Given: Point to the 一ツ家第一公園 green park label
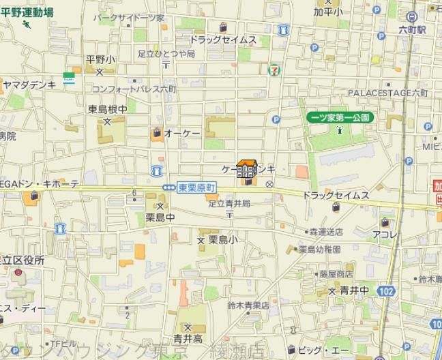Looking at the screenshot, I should [338, 117].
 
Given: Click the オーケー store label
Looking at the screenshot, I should [182, 134].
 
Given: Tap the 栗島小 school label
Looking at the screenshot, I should [223, 240].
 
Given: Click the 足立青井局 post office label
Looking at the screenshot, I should [229, 203].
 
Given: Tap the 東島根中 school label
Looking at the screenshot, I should [107, 108].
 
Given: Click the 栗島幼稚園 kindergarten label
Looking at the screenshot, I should [319, 250].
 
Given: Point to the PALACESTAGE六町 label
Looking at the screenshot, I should [387, 92].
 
